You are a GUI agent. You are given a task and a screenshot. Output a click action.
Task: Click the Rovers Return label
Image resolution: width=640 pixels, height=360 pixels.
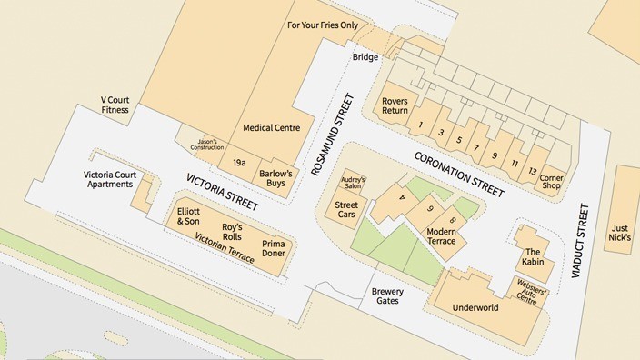pyautogui.click(x=395, y=105)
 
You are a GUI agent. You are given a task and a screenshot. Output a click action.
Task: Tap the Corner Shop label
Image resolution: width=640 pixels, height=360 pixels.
pyautogui.click(x=552, y=183)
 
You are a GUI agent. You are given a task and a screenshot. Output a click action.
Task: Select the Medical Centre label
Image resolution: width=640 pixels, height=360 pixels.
pyautogui.click(x=271, y=128)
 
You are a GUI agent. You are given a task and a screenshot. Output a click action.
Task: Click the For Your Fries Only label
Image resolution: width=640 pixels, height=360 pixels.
pyautogui.click(x=323, y=25)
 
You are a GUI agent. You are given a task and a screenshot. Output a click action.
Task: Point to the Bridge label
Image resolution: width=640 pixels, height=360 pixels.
pyautogui.click(x=365, y=57)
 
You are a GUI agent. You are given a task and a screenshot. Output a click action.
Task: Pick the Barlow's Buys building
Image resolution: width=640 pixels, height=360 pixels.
pyautogui.click(x=274, y=177)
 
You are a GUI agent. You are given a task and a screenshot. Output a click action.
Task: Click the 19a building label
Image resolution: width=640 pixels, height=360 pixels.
pyautogui.click(x=239, y=162)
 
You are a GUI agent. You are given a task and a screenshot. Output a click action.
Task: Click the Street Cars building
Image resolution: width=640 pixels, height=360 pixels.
pyautogui.click(x=347, y=209)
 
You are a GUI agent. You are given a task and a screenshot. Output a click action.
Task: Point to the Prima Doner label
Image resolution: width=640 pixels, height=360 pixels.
pyautogui.click(x=274, y=248)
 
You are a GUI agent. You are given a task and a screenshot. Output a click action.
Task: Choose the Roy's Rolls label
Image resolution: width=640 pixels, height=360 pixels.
pyautogui.click(x=232, y=231)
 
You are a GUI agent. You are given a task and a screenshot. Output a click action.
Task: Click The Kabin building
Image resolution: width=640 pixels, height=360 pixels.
pyautogui.click(x=532, y=256)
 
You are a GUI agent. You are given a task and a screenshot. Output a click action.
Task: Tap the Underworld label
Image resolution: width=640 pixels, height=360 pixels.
pyautogui.click(x=475, y=308)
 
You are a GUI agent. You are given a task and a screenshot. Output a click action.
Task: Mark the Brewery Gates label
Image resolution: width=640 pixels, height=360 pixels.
pyautogui.click(x=387, y=296)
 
